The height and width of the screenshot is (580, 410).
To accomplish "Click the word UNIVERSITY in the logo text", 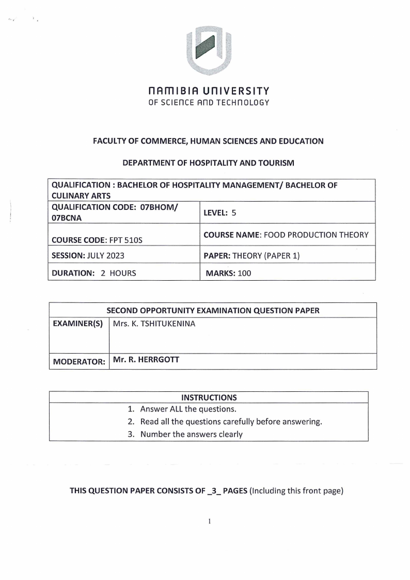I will point(239,91).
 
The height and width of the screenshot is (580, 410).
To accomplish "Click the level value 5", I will point(233,212).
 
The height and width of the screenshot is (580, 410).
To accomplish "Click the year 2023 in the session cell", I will point(113,255).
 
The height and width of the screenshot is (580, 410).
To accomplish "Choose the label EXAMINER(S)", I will point(78,324).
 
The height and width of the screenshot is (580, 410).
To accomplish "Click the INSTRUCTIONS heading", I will point(209,398).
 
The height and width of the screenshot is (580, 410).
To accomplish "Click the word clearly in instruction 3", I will point(228,434).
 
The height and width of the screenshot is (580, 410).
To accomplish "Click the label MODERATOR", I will point(78,362).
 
